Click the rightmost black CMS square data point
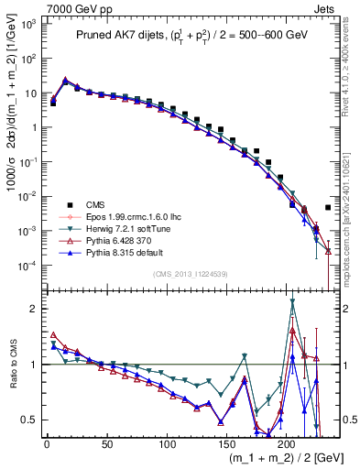[328, 208]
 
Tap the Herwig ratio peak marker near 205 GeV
[292, 301]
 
